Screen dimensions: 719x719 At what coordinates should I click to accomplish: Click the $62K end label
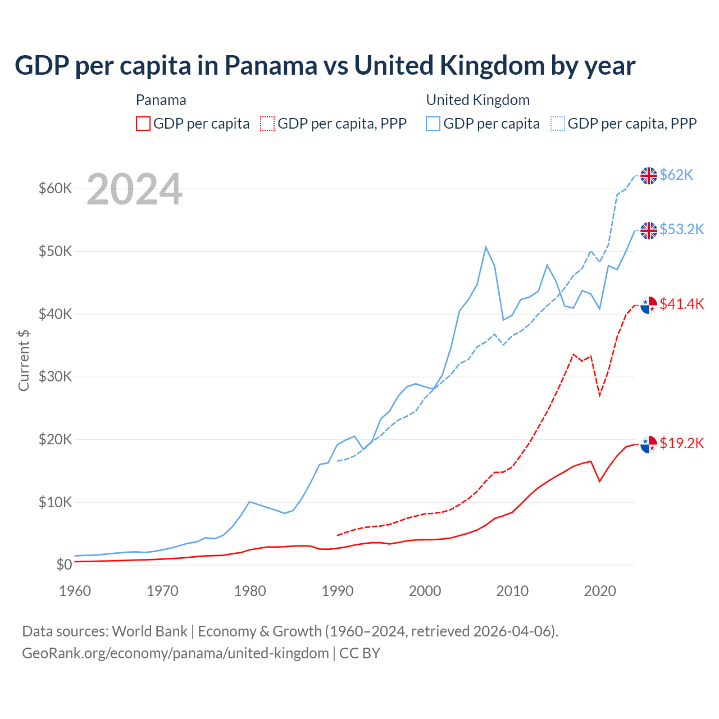point(676,175)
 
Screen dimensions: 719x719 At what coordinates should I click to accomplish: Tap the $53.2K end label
point(681,230)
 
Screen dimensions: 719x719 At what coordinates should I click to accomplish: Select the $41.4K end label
point(681,304)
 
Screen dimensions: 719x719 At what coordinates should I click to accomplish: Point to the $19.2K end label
point(681,444)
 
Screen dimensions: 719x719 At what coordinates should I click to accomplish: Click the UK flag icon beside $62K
point(649,176)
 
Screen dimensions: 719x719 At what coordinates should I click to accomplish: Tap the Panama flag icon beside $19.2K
point(649,444)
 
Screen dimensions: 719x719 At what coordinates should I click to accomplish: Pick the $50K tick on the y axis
point(55,251)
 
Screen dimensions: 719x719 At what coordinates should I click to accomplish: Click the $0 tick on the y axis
point(64,565)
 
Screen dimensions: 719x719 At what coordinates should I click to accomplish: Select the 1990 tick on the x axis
point(338,591)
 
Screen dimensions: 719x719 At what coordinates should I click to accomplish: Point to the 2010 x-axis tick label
point(512,591)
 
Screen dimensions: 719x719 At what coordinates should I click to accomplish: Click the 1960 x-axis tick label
point(75,591)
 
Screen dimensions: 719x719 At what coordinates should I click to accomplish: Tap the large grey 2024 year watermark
point(134,190)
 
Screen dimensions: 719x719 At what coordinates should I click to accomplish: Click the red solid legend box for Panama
point(143,124)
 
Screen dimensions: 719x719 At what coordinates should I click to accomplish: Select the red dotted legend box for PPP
point(267,124)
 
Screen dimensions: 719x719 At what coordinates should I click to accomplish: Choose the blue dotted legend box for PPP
point(558,124)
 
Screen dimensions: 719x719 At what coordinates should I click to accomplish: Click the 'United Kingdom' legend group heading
point(477,100)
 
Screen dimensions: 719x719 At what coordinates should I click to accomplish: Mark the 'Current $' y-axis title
point(24,360)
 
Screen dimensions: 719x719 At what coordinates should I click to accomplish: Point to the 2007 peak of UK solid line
point(486,247)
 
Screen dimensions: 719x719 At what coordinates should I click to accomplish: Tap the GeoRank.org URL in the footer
point(175,653)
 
